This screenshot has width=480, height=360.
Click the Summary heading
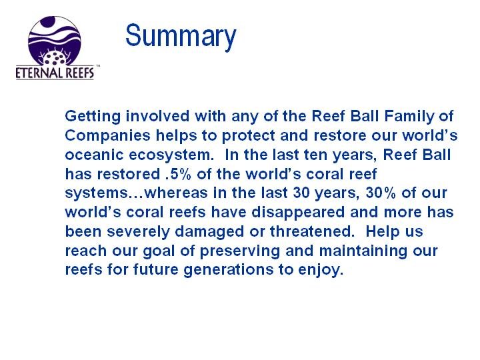click(x=181, y=37)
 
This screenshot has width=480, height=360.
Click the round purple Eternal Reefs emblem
click(x=55, y=41)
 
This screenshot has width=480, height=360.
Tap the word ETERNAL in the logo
click(x=37, y=73)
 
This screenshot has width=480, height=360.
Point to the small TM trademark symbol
click(x=98, y=66)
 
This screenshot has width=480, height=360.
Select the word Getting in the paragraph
click(x=93, y=117)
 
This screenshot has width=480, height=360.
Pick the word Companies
click(x=107, y=136)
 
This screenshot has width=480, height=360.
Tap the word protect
click(x=248, y=136)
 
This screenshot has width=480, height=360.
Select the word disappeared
click(x=298, y=213)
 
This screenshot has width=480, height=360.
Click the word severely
click(x=138, y=232)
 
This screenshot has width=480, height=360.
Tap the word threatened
click(x=311, y=232)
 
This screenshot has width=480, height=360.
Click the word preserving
click(x=240, y=251)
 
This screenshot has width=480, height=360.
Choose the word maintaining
click(x=363, y=251)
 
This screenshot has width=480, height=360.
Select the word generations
click(x=228, y=270)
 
